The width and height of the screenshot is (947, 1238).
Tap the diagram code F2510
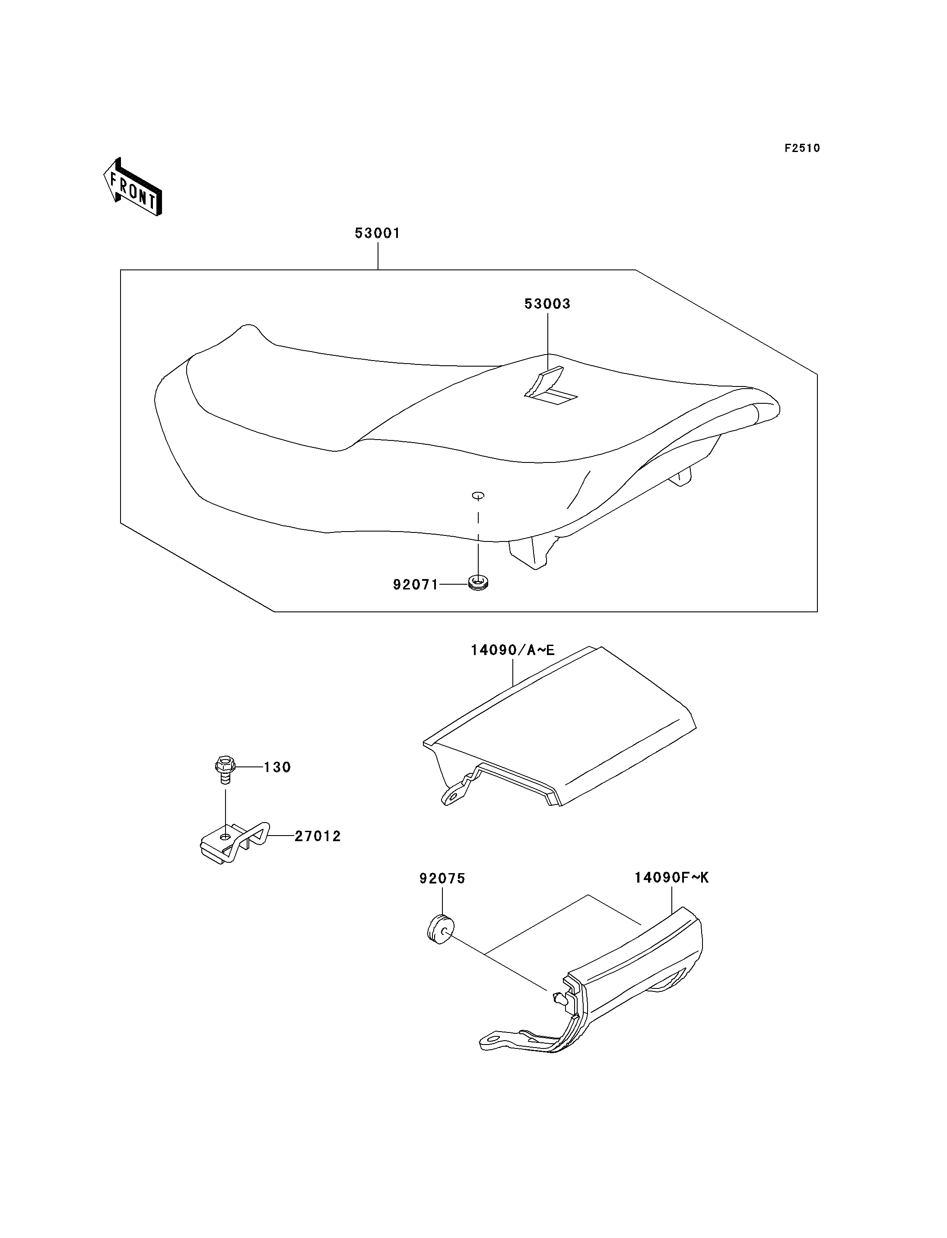(802, 148)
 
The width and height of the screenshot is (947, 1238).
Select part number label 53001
(377, 233)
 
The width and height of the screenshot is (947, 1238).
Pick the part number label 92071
(416, 585)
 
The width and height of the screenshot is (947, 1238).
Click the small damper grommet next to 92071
(478, 582)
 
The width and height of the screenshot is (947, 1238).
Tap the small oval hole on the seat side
(478, 495)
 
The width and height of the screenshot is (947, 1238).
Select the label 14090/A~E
(513, 650)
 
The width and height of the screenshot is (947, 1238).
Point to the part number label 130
(277, 767)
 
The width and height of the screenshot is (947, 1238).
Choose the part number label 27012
(318, 836)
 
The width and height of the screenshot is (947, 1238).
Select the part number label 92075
(442, 878)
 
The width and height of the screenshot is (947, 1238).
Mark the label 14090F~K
(671, 877)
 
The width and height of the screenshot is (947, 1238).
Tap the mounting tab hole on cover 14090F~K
(494, 1037)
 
